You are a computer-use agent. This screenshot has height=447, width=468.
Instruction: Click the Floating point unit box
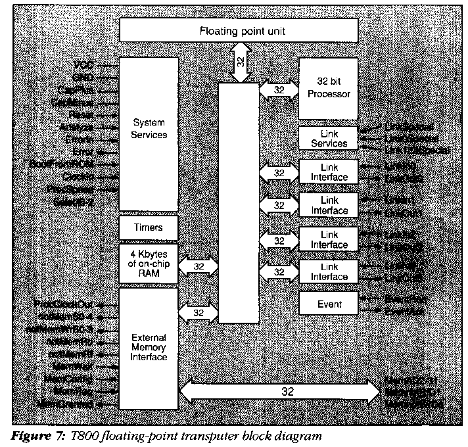point(238,31)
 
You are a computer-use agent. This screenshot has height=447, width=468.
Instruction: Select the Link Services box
point(328,138)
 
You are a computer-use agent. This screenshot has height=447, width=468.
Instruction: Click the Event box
point(328,304)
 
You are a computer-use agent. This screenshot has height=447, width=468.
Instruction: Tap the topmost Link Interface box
point(328,172)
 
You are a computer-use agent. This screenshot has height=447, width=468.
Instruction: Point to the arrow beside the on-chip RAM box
point(199,266)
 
